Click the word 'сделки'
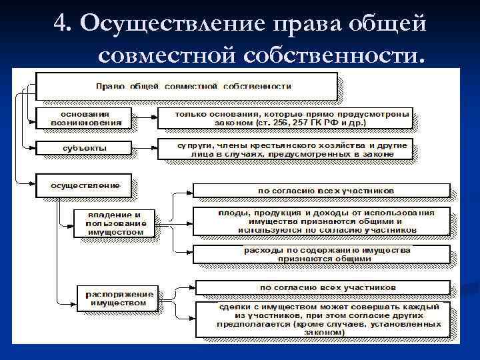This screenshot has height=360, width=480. pos(235,307)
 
